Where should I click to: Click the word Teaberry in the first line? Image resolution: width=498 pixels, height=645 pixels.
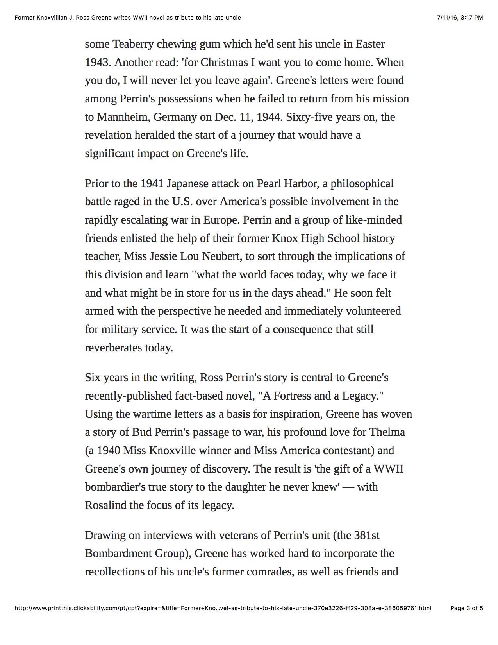(x=133, y=44)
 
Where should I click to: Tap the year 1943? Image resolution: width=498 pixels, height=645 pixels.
(x=98, y=63)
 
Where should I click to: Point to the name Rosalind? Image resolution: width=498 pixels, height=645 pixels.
(x=105, y=505)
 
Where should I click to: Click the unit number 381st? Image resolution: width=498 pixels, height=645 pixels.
(x=367, y=535)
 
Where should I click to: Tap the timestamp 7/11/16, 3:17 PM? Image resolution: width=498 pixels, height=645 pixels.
(x=459, y=18)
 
